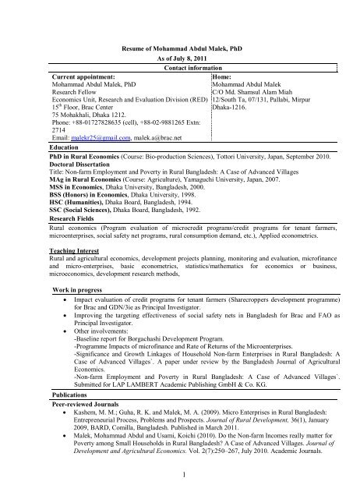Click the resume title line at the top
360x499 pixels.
pos(180,48)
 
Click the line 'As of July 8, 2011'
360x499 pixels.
pos(180,58)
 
